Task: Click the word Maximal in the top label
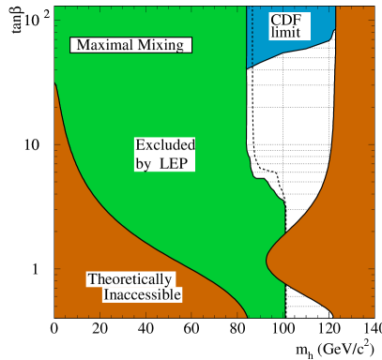(x=103, y=45)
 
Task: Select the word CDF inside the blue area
(x=285, y=20)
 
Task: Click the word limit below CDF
(x=285, y=33)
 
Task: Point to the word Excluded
(x=165, y=145)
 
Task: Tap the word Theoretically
(x=130, y=279)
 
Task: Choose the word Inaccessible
(x=142, y=295)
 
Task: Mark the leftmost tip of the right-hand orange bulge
(x=267, y=254)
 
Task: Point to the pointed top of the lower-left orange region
(x=55, y=85)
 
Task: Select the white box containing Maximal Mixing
(x=131, y=45)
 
